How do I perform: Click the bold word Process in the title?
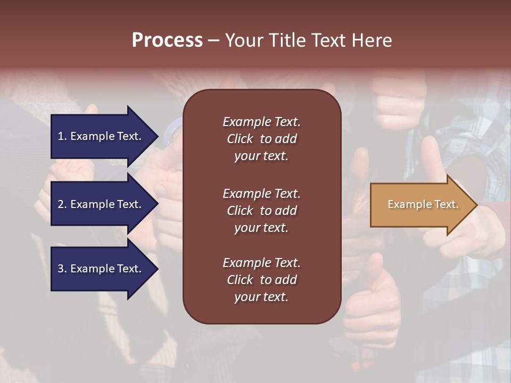(x=167, y=40)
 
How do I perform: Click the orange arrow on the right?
(x=415, y=205)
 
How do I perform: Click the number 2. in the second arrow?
(x=62, y=204)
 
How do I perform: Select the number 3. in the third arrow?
(x=62, y=269)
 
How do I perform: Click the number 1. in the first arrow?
(x=62, y=136)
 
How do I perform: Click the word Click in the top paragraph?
(x=240, y=139)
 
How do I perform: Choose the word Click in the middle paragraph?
(x=240, y=211)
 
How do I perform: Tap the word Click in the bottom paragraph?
(x=240, y=280)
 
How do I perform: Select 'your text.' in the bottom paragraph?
(x=261, y=297)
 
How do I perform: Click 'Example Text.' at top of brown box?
(x=261, y=122)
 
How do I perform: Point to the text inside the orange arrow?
(x=423, y=204)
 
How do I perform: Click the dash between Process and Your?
(x=213, y=40)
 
